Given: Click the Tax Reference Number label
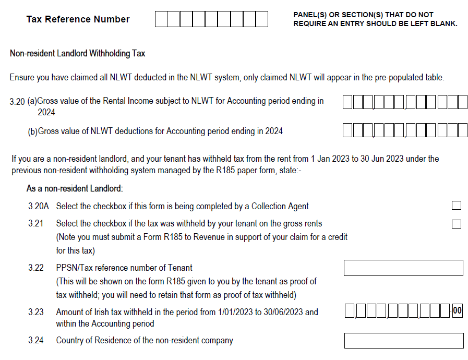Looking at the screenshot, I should click(78, 19).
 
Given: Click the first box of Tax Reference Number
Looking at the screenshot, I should click(161, 19).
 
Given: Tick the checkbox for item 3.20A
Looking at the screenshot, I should click(457, 206).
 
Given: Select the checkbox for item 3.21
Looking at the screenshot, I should click(457, 224).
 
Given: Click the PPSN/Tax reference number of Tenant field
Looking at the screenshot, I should click(403, 268).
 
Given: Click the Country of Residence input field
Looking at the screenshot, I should click(403, 341).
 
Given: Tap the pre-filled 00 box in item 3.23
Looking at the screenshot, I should click(457, 311).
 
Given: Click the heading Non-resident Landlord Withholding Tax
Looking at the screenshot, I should click(77, 53).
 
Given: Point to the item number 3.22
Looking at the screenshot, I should click(36, 268).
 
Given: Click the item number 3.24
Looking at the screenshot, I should click(36, 341).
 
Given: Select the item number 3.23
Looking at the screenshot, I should click(36, 312).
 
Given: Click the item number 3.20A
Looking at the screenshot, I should click(38, 206).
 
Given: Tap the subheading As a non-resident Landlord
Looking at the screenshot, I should click(74, 188).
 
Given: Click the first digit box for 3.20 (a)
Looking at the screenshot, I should click(348, 102).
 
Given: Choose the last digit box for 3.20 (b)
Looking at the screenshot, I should click(462, 130).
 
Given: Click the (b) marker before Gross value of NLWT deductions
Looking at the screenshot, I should click(32, 131).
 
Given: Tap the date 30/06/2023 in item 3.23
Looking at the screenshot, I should click(283, 312).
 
